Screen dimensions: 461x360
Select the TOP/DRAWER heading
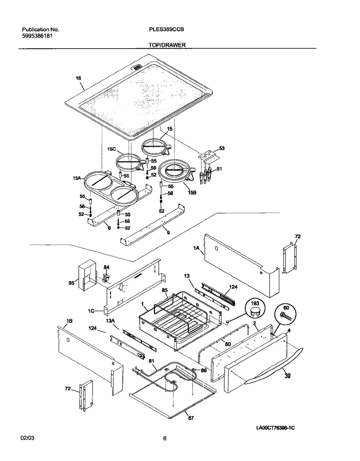[x=167, y=45]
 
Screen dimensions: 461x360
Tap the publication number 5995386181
[x=39, y=36]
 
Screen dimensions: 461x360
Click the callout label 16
[x=79, y=78]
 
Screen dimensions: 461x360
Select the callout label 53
[x=222, y=148]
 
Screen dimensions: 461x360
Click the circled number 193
[x=255, y=303]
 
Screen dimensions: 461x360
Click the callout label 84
[x=107, y=267]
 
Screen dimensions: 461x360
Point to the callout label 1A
[x=196, y=249]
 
